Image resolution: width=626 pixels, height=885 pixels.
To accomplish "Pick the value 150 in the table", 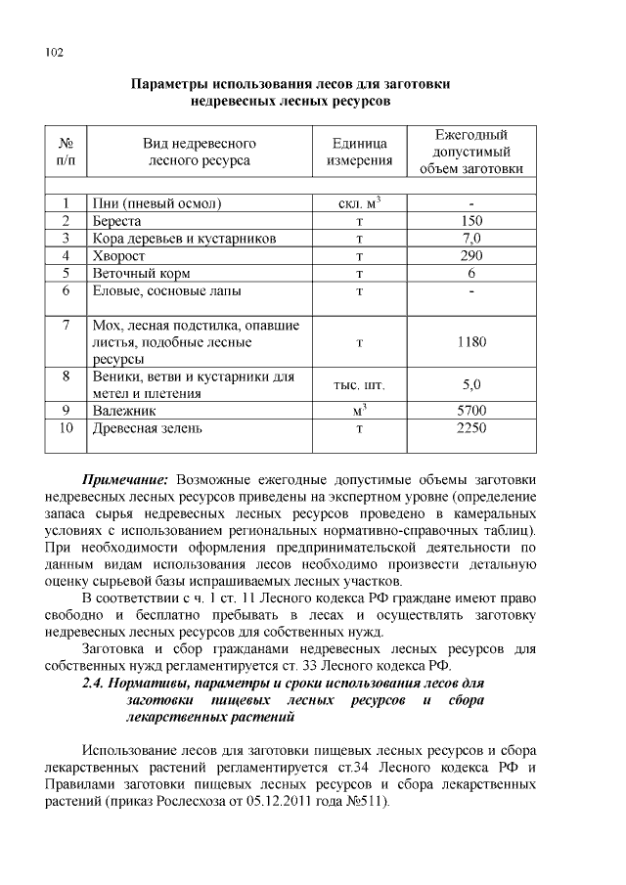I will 471,221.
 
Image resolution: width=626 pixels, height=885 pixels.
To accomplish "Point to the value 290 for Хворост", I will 471,255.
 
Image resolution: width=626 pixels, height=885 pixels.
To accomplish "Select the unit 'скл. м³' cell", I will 359,204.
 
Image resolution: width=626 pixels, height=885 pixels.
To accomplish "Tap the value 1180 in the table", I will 471,342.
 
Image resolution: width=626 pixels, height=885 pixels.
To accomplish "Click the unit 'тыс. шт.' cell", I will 359,385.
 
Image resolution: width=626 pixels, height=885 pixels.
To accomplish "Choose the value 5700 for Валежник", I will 471,411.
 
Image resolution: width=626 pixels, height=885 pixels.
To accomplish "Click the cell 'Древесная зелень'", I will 148,428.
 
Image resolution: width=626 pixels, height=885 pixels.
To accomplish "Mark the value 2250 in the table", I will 471,428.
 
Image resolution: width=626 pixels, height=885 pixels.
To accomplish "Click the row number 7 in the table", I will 66,325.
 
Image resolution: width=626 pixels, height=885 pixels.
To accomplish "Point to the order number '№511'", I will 368,802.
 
